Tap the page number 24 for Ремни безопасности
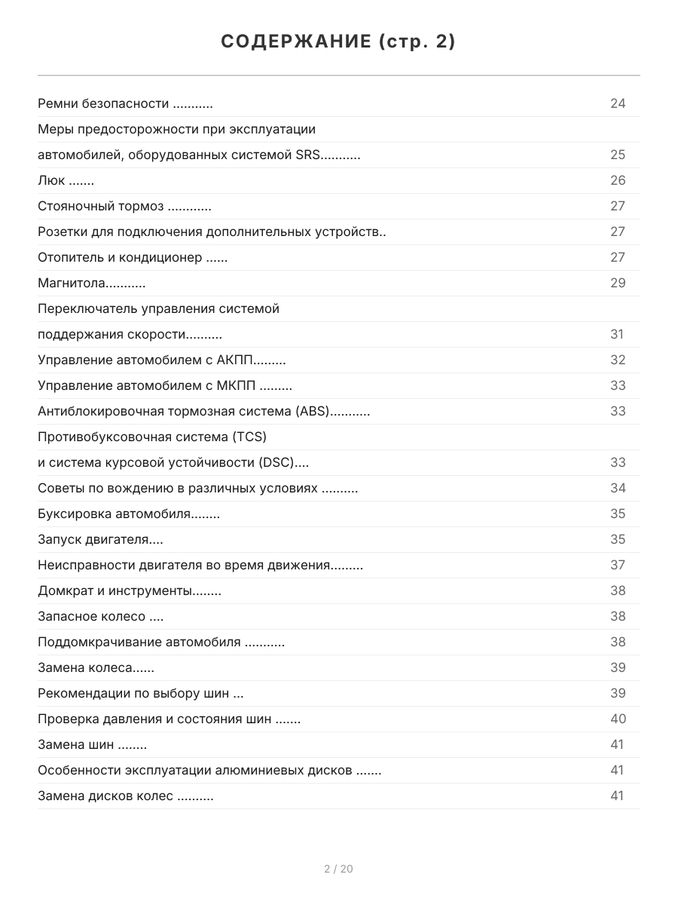tap(618, 103)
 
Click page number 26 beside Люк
tap(618, 181)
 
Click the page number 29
tap(618, 284)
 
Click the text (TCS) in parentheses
tap(249, 437)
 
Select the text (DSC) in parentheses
tap(276, 463)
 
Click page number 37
tap(618, 566)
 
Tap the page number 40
tap(618, 719)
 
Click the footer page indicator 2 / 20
tap(338, 869)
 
